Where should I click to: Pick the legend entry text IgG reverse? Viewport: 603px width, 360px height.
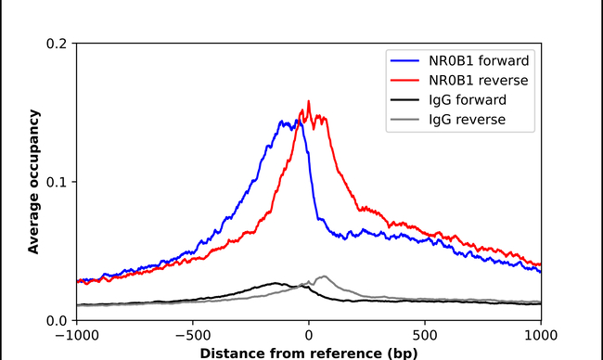468,120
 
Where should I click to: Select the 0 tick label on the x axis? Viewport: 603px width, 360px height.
309,335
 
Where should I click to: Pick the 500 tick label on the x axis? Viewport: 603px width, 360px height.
425,335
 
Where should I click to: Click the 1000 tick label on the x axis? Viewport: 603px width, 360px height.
540,335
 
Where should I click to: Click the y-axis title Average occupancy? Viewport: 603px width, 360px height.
33,181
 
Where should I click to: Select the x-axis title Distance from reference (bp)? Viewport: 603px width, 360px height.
308,353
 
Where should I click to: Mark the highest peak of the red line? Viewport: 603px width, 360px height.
308,101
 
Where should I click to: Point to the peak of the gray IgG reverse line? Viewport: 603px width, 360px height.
324,276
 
